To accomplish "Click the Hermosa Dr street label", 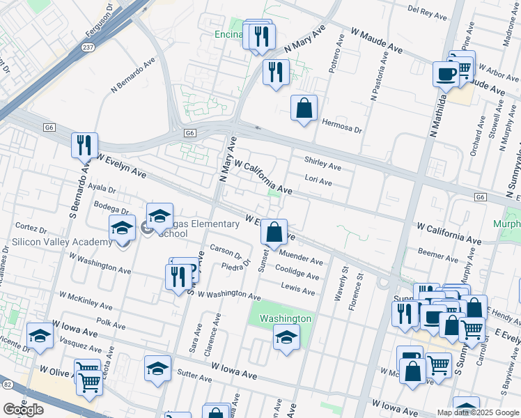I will (x=343, y=130).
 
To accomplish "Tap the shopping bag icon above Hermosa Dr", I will (x=304, y=109).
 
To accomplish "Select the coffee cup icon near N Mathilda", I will (x=445, y=72).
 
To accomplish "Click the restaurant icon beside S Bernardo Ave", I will (x=84, y=146).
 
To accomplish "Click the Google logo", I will (x=23, y=410).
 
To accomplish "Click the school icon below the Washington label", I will (x=286, y=339).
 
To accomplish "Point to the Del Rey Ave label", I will (x=428, y=10).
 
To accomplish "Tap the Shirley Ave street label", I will (x=322, y=167).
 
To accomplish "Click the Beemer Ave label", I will (x=438, y=256).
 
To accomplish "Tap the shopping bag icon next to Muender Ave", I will (x=274, y=231).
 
